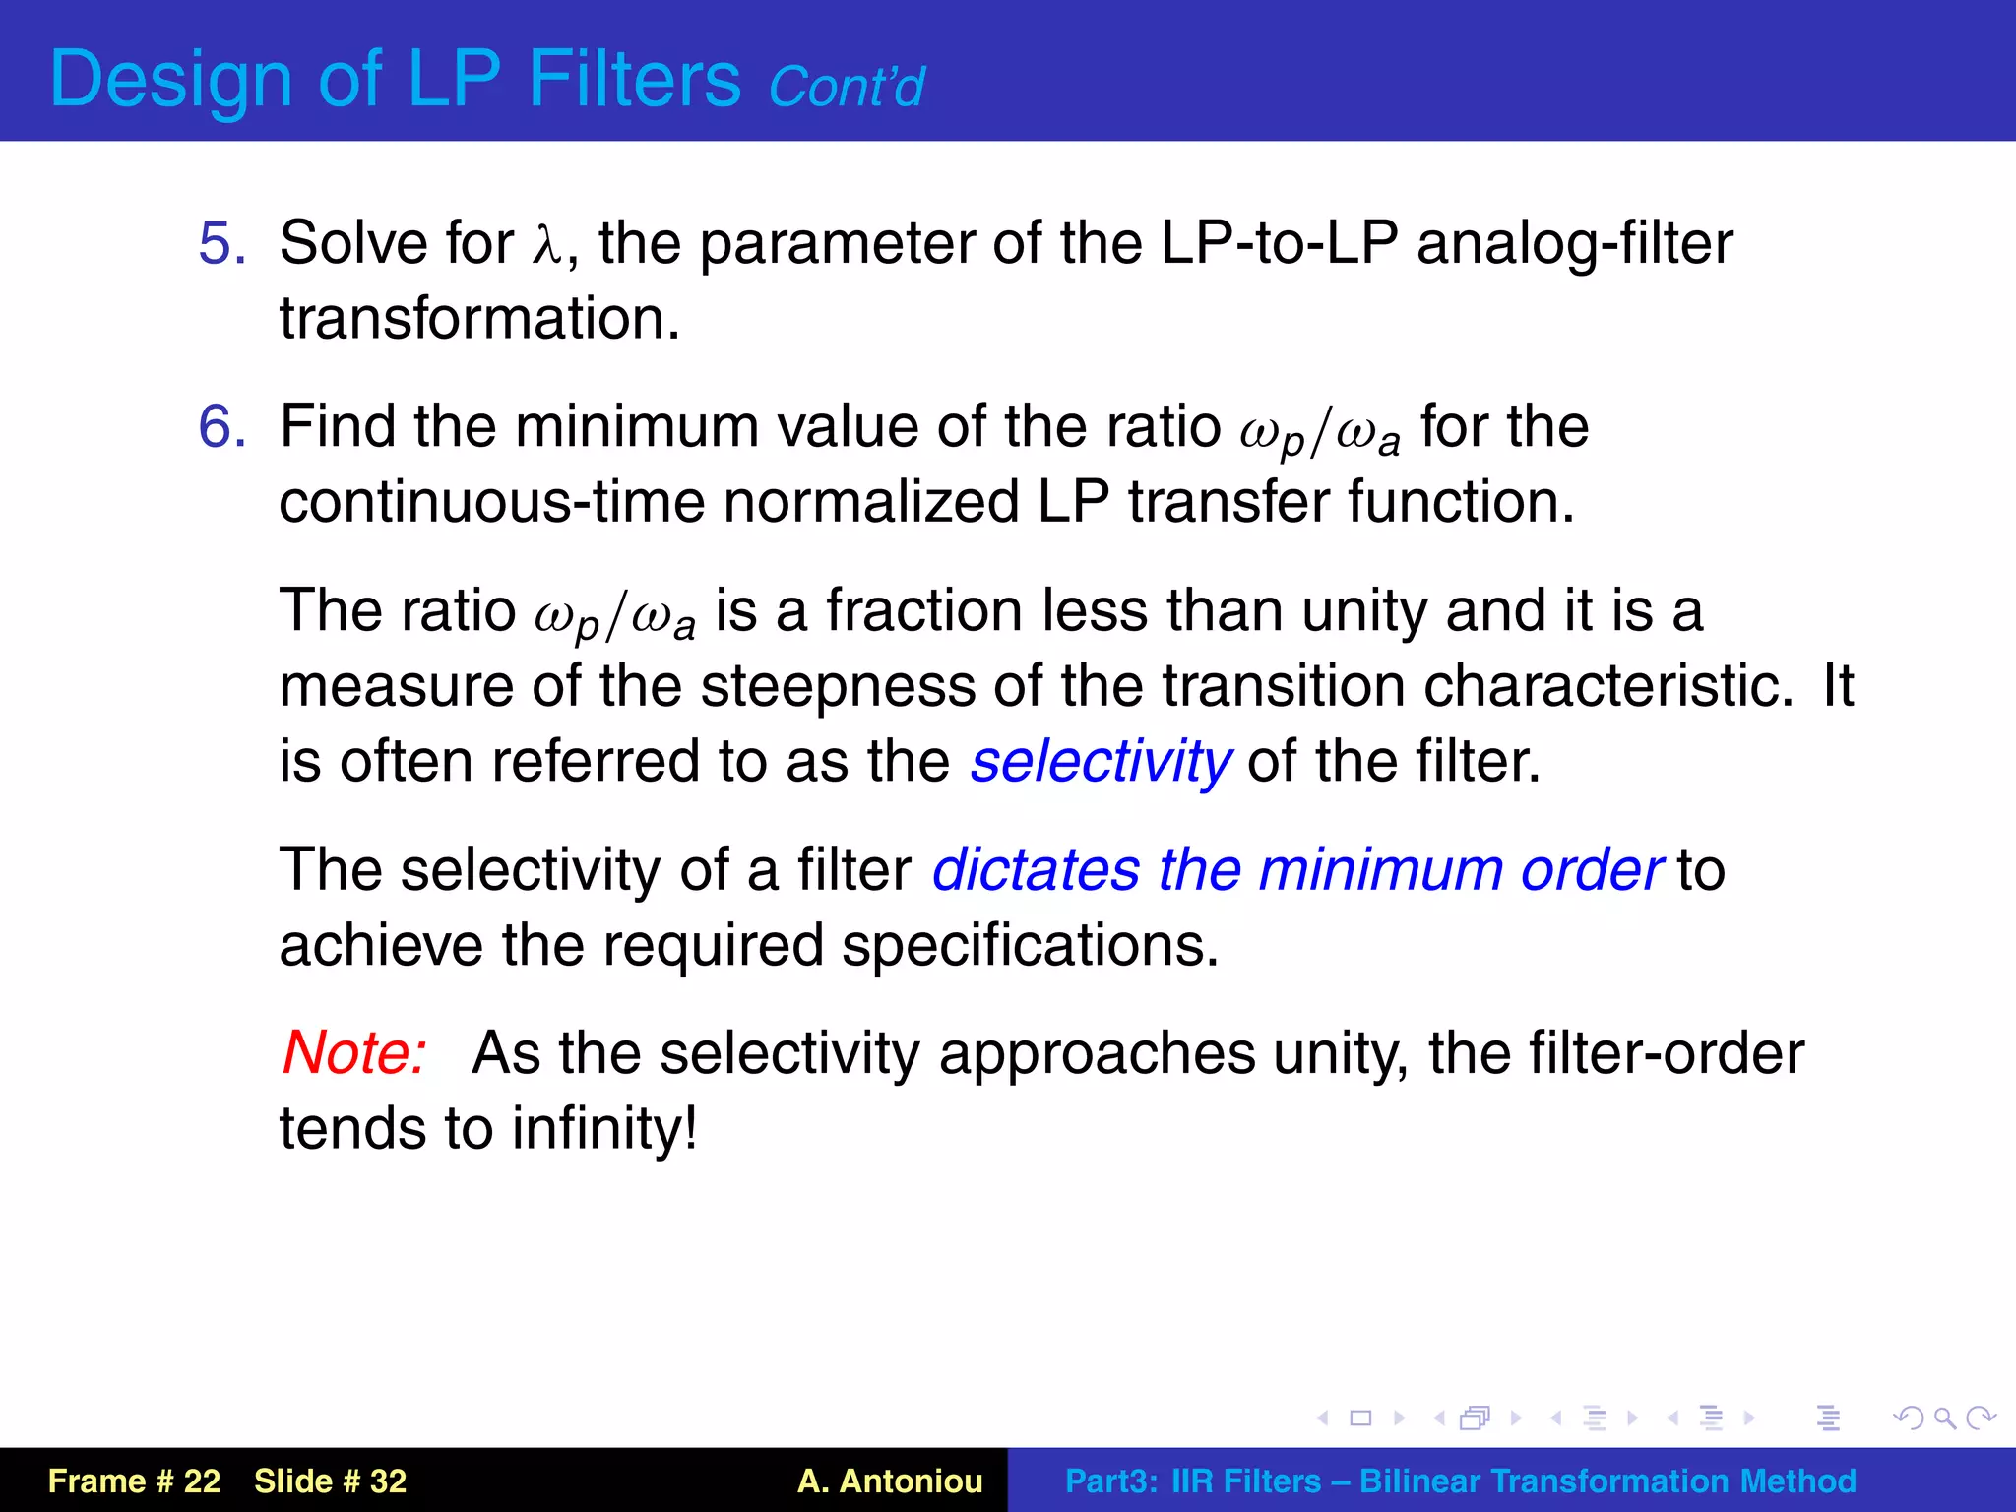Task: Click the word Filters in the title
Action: [634, 79]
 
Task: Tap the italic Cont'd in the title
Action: [846, 88]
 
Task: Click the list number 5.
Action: [221, 244]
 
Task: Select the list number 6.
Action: [221, 427]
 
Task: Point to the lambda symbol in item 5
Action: [547, 246]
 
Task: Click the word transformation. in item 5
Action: [479, 319]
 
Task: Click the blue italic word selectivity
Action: [1100, 762]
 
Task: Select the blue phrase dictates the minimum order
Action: [1296, 870]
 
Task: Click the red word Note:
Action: [354, 1053]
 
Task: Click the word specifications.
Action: [1030, 946]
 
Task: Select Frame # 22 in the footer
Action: [134, 1481]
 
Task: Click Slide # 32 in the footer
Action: [330, 1481]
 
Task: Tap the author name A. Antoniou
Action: [890, 1481]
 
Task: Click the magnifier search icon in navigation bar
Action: [1944, 1418]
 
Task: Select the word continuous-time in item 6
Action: [491, 502]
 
